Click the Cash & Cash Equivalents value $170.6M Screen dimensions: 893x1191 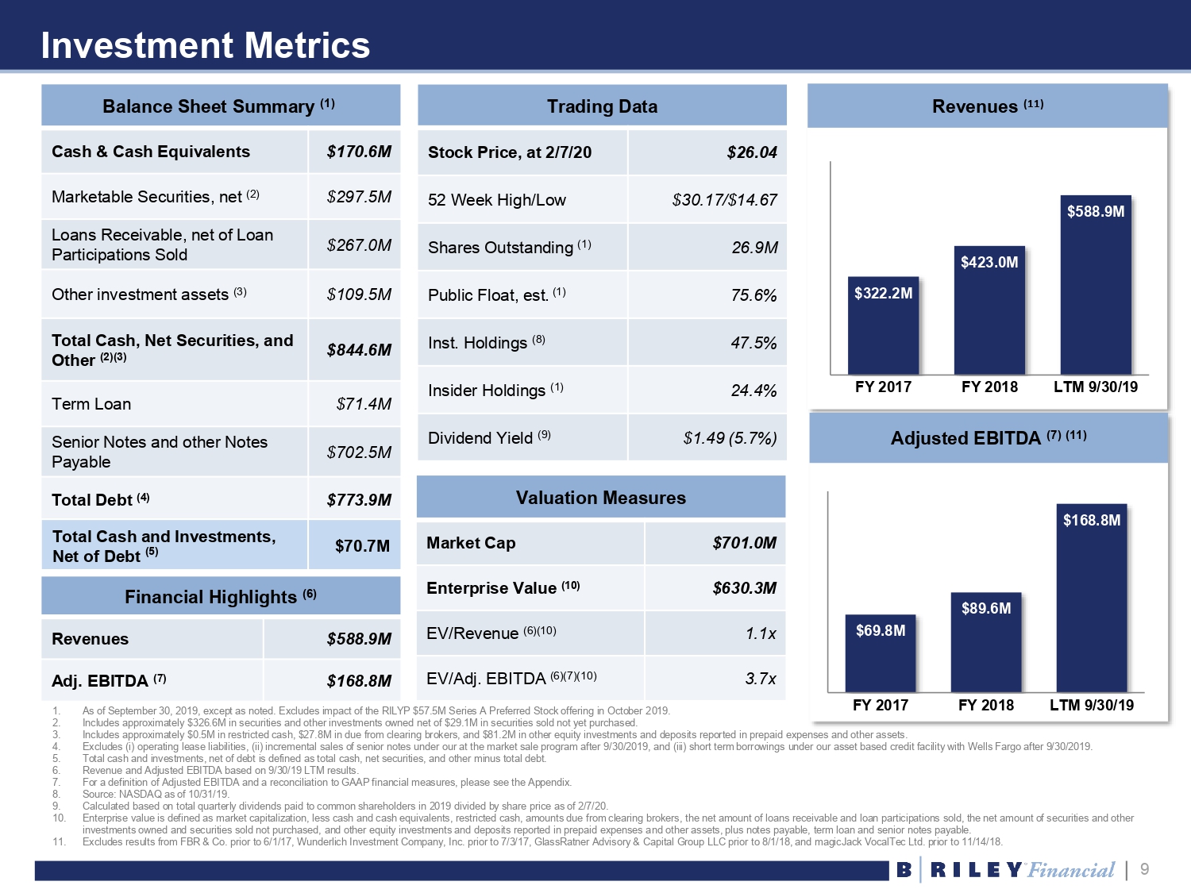pyautogui.click(x=359, y=152)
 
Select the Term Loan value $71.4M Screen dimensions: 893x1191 pyautogui.click(x=364, y=404)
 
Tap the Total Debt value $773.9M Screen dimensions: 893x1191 pyautogui.click(x=359, y=500)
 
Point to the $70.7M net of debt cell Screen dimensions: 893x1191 pyautogui.click(x=362, y=546)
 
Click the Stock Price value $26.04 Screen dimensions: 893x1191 pyautogui.click(x=752, y=152)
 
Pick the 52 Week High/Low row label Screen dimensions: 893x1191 pyautogui.click(x=497, y=200)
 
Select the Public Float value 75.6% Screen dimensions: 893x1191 pyautogui.click(x=754, y=295)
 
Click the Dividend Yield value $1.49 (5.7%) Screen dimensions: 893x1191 pyautogui.click(x=730, y=438)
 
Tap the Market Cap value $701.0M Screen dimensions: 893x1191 pyautogui.click(x=744, y=543)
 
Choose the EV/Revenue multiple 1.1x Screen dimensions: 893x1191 pyautogui.click(x=761, y=633)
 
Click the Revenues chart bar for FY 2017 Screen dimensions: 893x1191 pyautogui.click(x=883, y=325)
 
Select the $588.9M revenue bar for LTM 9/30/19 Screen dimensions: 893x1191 pyautogui.click(x=1096, y=286)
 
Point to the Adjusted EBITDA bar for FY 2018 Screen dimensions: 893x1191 pyautogui.click(x=986, y=643)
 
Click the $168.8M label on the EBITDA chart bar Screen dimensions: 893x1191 pyautogui.click(x=1092, y=521)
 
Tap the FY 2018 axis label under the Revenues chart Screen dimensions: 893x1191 pyautogui.click(x=989, y=387)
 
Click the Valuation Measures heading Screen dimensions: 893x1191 pyautogui.click(x=601, y=498)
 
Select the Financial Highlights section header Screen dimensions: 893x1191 pyautogui.click(x=220, y=597)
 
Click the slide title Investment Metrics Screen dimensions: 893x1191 pyautogui.click(x=206, y=45)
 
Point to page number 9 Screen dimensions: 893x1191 pyautogui.click(x=1144, y=869)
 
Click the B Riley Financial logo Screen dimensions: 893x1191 pyautogui.click(x=1005, y=870)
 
